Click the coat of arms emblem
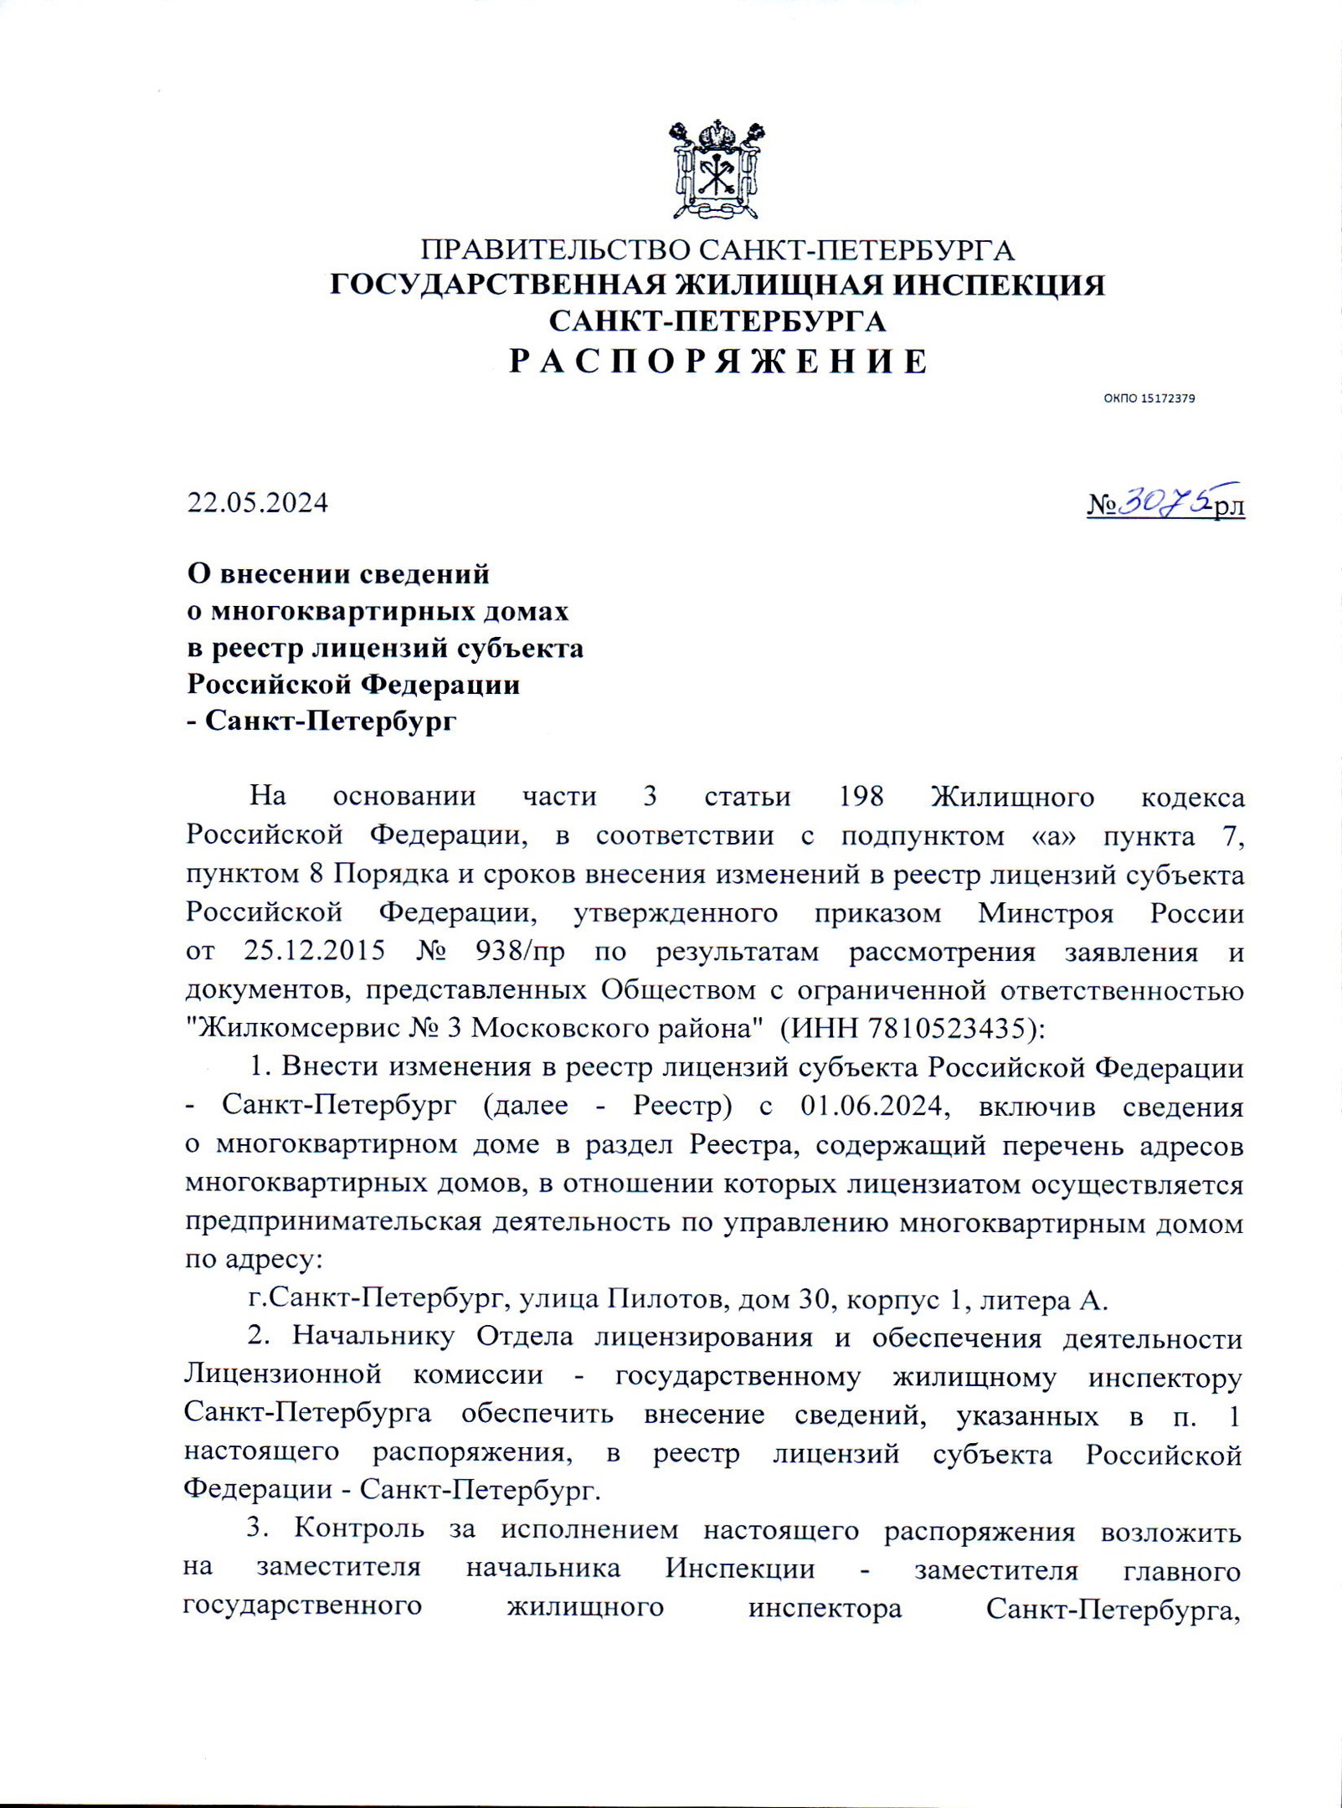(717, 170)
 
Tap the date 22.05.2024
(257, 503)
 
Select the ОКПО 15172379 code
(1149, 398)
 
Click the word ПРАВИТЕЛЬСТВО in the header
(556, 250)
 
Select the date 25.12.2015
(315, 952)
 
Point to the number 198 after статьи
(861, 796)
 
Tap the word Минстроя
(1046, 913)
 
